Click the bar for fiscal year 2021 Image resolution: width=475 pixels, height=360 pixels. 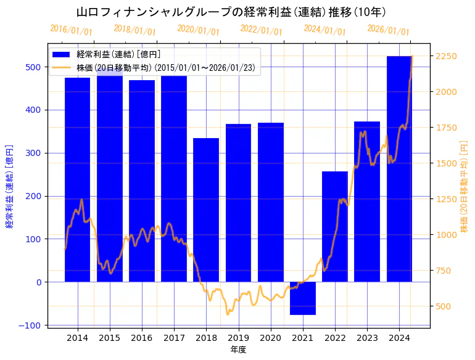303,298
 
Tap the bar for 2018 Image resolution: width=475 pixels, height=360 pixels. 206,210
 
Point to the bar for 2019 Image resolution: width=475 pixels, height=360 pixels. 238,203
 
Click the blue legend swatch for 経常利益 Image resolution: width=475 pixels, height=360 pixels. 62,54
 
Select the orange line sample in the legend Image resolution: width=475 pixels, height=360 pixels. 62,67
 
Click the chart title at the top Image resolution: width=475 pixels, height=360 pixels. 231,12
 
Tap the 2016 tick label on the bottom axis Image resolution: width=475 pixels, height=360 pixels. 142,338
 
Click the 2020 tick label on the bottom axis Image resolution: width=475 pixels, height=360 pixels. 270,338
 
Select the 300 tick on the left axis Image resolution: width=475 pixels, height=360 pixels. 34,153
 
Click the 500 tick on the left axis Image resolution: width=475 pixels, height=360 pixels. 34,67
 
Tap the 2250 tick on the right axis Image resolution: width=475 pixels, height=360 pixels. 446,56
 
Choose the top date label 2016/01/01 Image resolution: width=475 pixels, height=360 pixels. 71,30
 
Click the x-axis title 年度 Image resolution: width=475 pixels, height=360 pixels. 239,350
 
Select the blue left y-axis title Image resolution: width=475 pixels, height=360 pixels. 9,186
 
